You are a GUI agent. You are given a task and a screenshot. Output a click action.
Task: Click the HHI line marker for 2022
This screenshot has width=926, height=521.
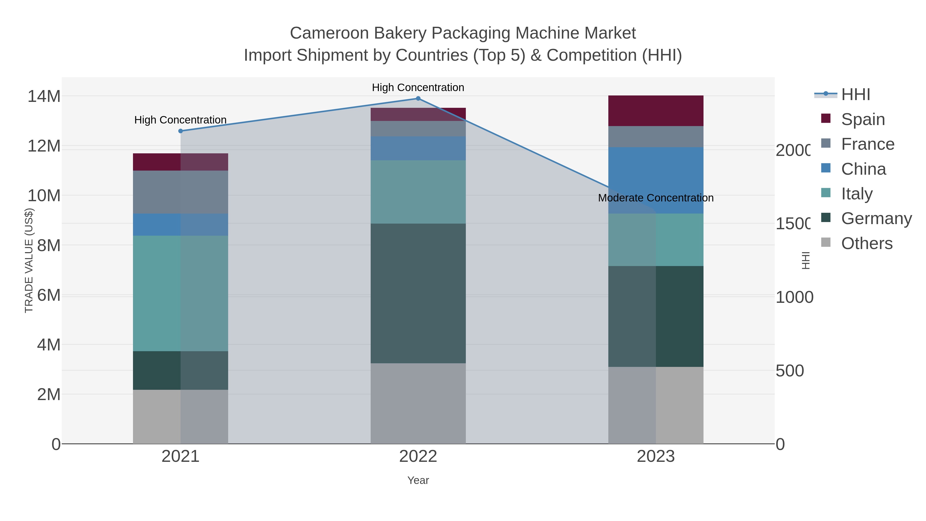click(x=418, y=99)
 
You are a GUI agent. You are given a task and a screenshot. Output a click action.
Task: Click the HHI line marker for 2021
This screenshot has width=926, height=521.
click(x=181, y=131)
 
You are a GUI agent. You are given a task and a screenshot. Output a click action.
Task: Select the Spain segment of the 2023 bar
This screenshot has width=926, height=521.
click(x=656, y=111)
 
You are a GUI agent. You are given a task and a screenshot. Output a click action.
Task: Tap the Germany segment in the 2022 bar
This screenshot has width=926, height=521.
click(x=418, y=293)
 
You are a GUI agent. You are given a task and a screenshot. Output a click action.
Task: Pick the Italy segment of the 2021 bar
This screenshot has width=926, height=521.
click(x=181, y=293)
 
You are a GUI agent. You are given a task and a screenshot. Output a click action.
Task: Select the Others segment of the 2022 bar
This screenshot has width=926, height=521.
click(x=418, y=403)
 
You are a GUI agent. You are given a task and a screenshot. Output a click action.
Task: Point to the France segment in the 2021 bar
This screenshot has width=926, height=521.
click(x=181, y=192)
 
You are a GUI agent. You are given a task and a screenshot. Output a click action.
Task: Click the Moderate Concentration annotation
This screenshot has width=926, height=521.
click(x=656, y=198)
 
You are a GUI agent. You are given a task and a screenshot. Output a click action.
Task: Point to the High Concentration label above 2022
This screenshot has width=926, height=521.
click(x=418, y=88)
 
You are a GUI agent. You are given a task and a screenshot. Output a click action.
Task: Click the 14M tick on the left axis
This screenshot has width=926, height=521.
click(x=44, y=96)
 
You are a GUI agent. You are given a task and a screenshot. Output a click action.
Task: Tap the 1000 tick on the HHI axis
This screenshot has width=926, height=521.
click(x=794, y=297)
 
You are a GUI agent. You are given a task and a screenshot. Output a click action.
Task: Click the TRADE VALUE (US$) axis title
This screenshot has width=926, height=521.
click(x=29, y=261)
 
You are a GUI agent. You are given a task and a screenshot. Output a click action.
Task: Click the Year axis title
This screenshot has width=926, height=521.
click(x=418, y=480)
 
